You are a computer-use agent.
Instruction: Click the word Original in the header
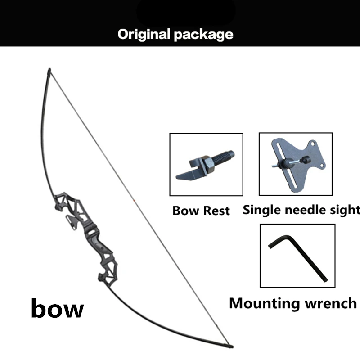pos(144,34)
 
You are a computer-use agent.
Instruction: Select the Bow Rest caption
pos(201,210)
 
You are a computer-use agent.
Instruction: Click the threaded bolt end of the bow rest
pos(225,158)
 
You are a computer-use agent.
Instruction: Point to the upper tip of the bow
pos(49,71)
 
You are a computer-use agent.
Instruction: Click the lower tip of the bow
pos(230,347)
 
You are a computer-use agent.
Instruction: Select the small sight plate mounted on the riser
pos(71,220)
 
